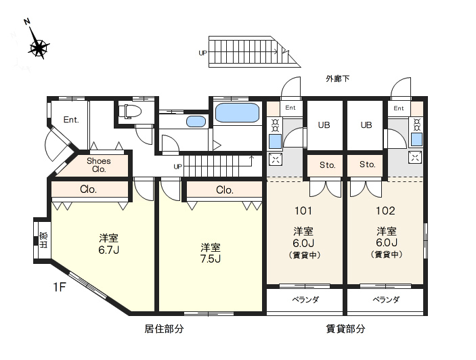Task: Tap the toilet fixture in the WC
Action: point(130,111)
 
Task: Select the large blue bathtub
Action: point(237,112)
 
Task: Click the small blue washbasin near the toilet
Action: point(196,121)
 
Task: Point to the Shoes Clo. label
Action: point(99,165)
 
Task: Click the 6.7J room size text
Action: point(109,250)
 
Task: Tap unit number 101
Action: point(303,210)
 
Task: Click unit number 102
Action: point(385,210)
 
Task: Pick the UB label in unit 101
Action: point(324,125)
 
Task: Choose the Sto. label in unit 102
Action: point(367,164)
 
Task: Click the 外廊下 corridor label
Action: point(338,79)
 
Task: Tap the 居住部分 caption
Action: point(164,329)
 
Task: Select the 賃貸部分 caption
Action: point(345,329)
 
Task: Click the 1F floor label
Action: point(60,287)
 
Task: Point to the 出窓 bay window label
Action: point(44,240)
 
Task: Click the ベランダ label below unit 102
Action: point(386,300)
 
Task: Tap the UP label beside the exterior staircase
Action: point(202,53)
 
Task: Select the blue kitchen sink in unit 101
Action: point(275,141)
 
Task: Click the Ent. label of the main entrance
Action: point(71,120)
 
